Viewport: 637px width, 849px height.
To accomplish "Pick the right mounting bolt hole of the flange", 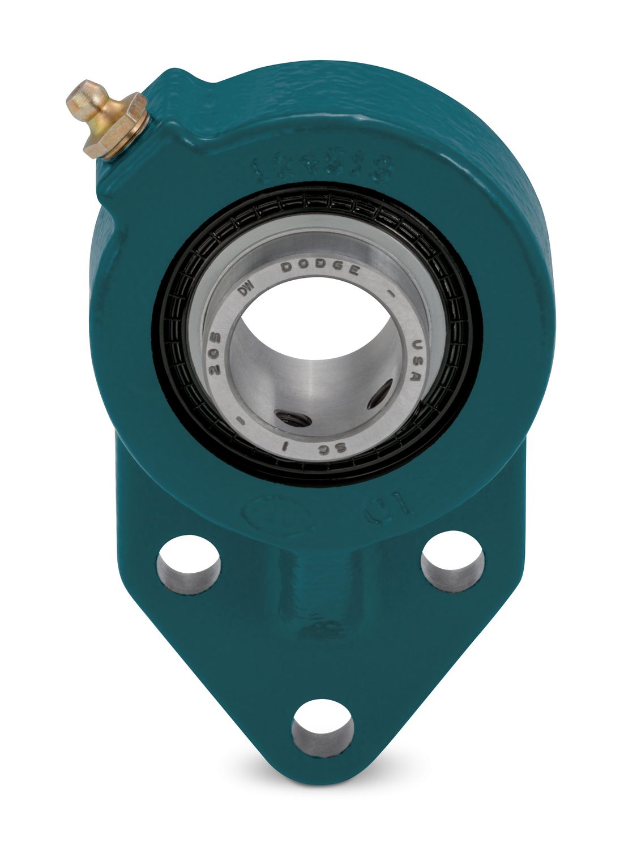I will click(x=453, y=561).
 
